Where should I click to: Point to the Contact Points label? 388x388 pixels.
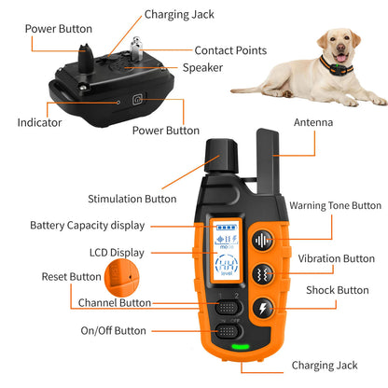pos(229,49)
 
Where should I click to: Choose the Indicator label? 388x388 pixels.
pos(39,122)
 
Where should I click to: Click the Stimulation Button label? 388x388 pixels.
pos(132,199)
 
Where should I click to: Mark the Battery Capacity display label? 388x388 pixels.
pos(87,225)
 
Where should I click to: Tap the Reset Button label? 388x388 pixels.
pos(72,276)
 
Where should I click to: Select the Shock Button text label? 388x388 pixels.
pos(338,290)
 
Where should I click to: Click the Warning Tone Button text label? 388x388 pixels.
pos(335,205)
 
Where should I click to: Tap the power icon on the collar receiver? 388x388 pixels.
pos(137,99)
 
